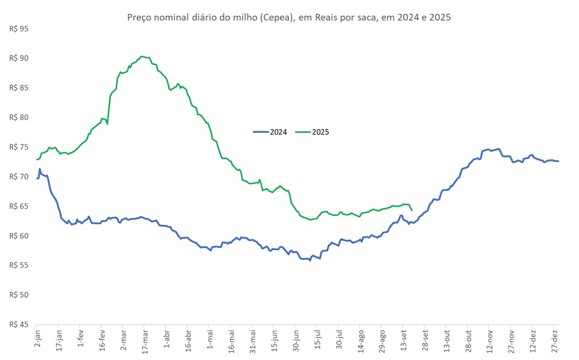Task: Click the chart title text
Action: tap(289, 17)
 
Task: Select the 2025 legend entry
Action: tap(313, 132)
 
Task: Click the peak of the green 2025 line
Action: tap(142, 57)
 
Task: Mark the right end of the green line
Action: tap(412, 210)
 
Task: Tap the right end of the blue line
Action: tap(558, 161)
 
